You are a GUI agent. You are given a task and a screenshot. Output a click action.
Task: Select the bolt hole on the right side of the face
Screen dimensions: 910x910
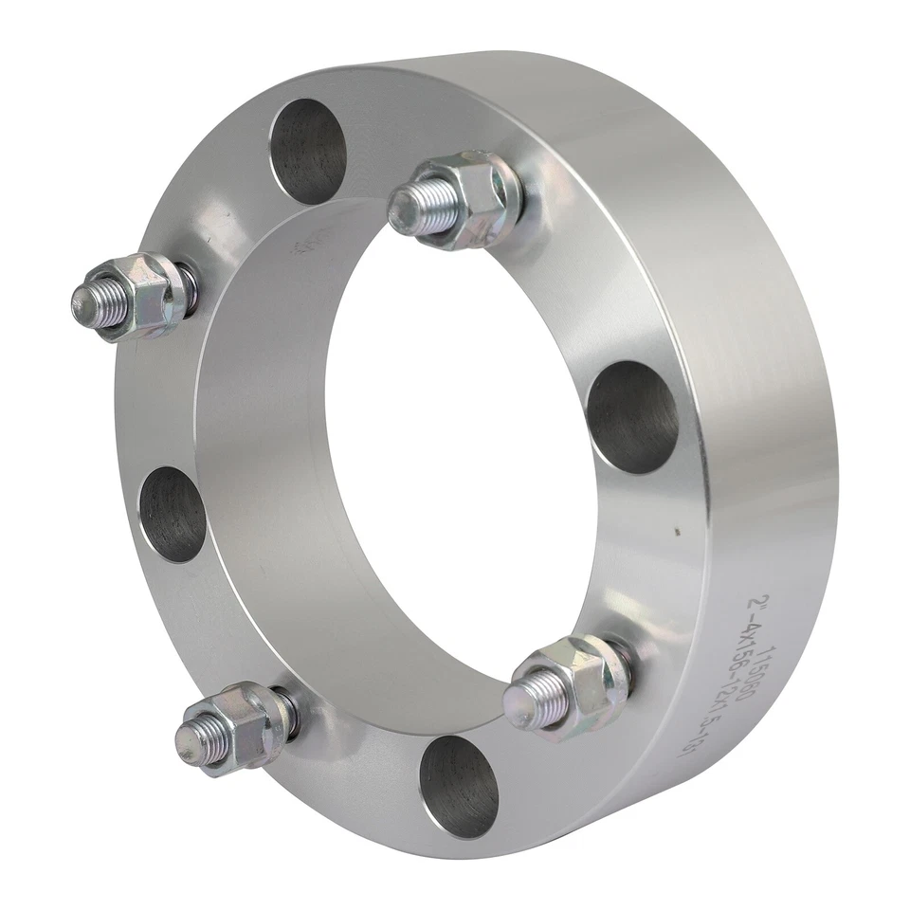click(x=632, y=417)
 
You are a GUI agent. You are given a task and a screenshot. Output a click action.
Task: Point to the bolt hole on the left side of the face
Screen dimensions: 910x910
click(x=173, y=515)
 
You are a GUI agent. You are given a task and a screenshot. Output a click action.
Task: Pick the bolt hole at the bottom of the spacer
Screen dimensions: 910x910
click(x=459, y=786)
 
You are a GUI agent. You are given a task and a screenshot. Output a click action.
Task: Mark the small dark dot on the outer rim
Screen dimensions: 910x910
click(x=676, y=533)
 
